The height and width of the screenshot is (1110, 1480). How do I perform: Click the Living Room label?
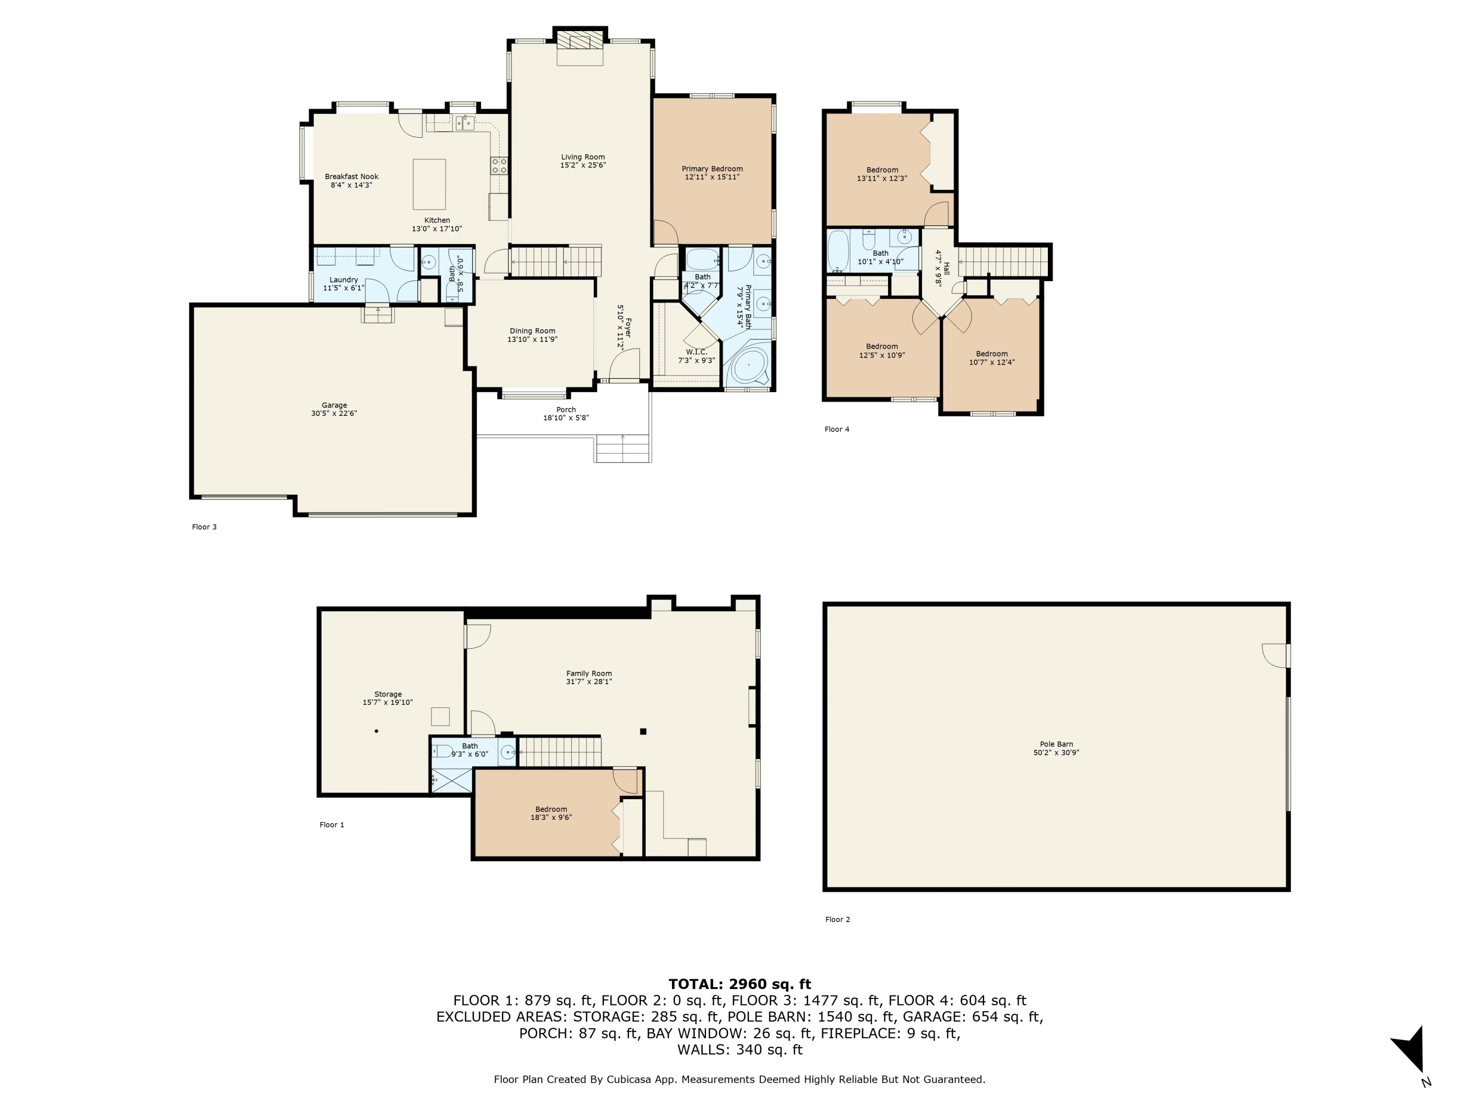[582, 157]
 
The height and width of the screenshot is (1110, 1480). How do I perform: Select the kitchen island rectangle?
[429, 184]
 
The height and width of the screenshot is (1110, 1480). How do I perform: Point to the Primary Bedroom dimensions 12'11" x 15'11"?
[712, 177]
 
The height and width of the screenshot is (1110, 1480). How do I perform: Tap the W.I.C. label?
[696, 352]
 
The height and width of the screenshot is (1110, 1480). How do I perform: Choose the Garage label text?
[334, 406]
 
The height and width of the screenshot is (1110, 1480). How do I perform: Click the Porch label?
[565, 409]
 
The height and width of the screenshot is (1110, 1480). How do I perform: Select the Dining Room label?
[532, 331]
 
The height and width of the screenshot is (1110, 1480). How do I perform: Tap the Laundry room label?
[344, 280]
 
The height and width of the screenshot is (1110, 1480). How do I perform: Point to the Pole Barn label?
[1056, 744]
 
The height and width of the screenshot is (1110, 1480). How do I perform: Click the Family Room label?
[589, 674]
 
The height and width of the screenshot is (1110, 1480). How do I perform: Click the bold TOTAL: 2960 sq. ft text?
[740, 984]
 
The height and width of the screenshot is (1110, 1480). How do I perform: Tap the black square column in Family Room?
[643, 731]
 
